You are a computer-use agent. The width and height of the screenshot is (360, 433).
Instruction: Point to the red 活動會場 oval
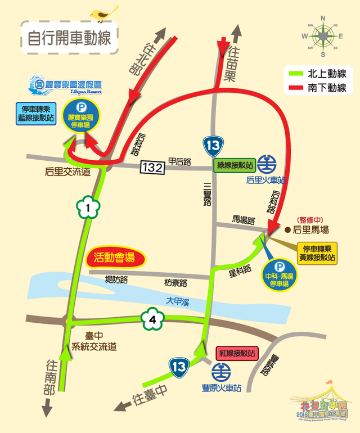point(117,259)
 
